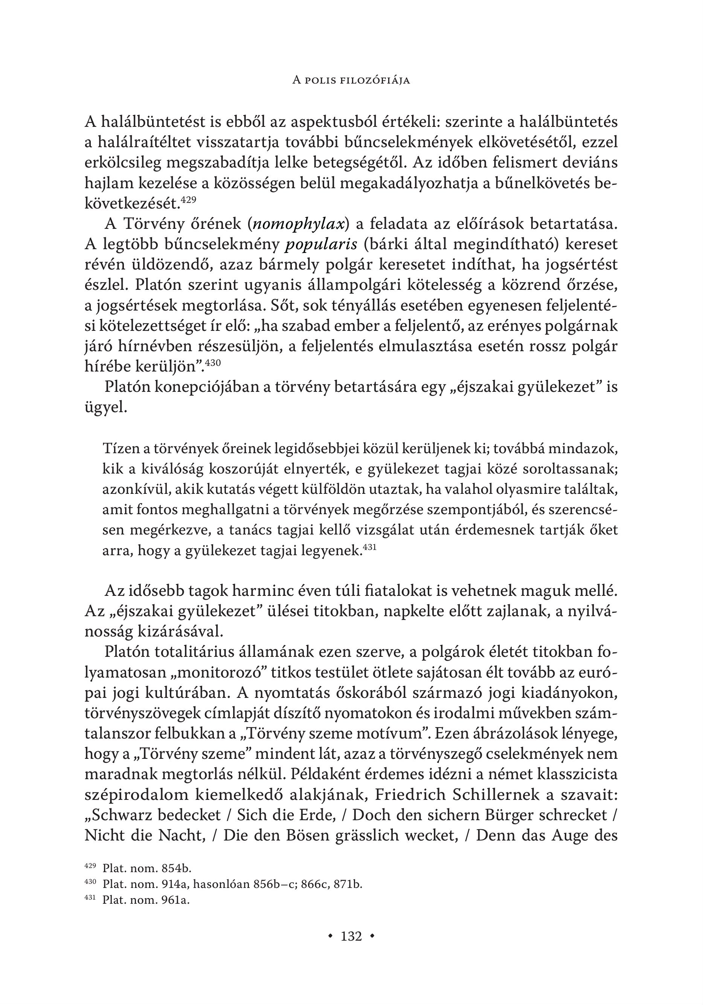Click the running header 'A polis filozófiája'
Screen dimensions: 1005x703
click(351, 81)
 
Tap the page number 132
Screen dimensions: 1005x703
click(351, 936)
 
